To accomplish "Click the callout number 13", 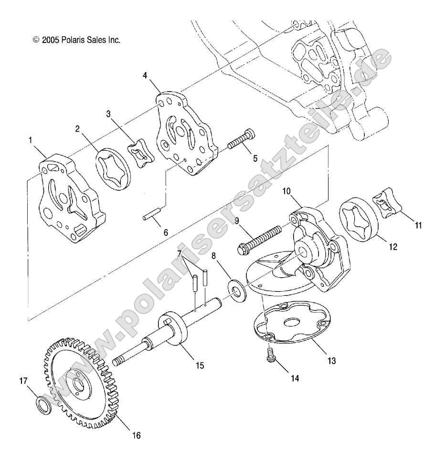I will point(331,361).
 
